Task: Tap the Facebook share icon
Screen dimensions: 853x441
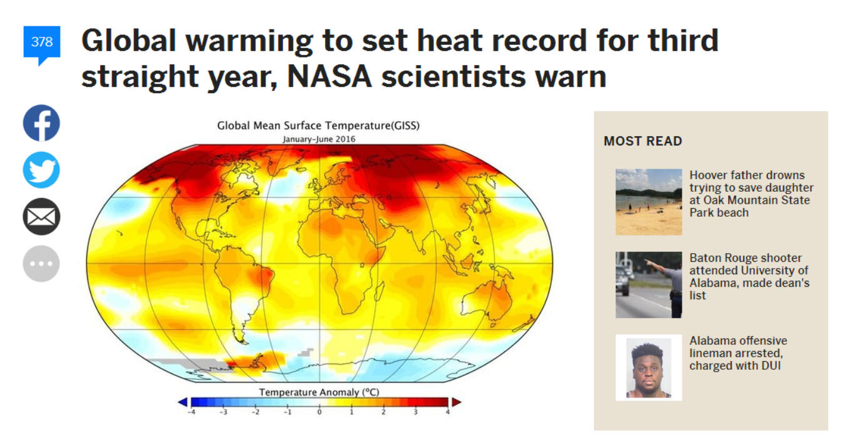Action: click(41, 123)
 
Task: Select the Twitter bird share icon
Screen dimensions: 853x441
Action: click(41, 170)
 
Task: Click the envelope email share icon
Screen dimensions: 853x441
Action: click(41, 217)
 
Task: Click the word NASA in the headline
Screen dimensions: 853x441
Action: click(329, 76)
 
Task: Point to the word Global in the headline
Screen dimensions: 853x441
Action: click(129, 41)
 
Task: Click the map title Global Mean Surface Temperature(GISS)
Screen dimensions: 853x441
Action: click(318, 126)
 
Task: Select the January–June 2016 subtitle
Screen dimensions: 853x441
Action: click(319, 139)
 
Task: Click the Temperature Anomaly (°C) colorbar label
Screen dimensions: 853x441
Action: click(319, 392)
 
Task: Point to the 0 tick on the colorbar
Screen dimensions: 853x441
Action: click(319, 412)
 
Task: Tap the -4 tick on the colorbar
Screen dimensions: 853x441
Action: click(192, 412)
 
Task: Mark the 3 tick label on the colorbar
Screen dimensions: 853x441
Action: click(416, 412)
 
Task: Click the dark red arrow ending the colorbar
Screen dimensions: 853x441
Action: click(456, 402)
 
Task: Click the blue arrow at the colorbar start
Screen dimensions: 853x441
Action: click(182, 402)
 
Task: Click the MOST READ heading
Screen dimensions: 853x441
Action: click(643, 141)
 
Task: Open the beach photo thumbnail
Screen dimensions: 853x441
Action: click(649, 202)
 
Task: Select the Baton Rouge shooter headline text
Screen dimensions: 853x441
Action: click(749, 277)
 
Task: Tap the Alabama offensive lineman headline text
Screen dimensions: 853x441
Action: click(738, 353)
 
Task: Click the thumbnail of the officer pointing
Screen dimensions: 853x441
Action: click(649, 285)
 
